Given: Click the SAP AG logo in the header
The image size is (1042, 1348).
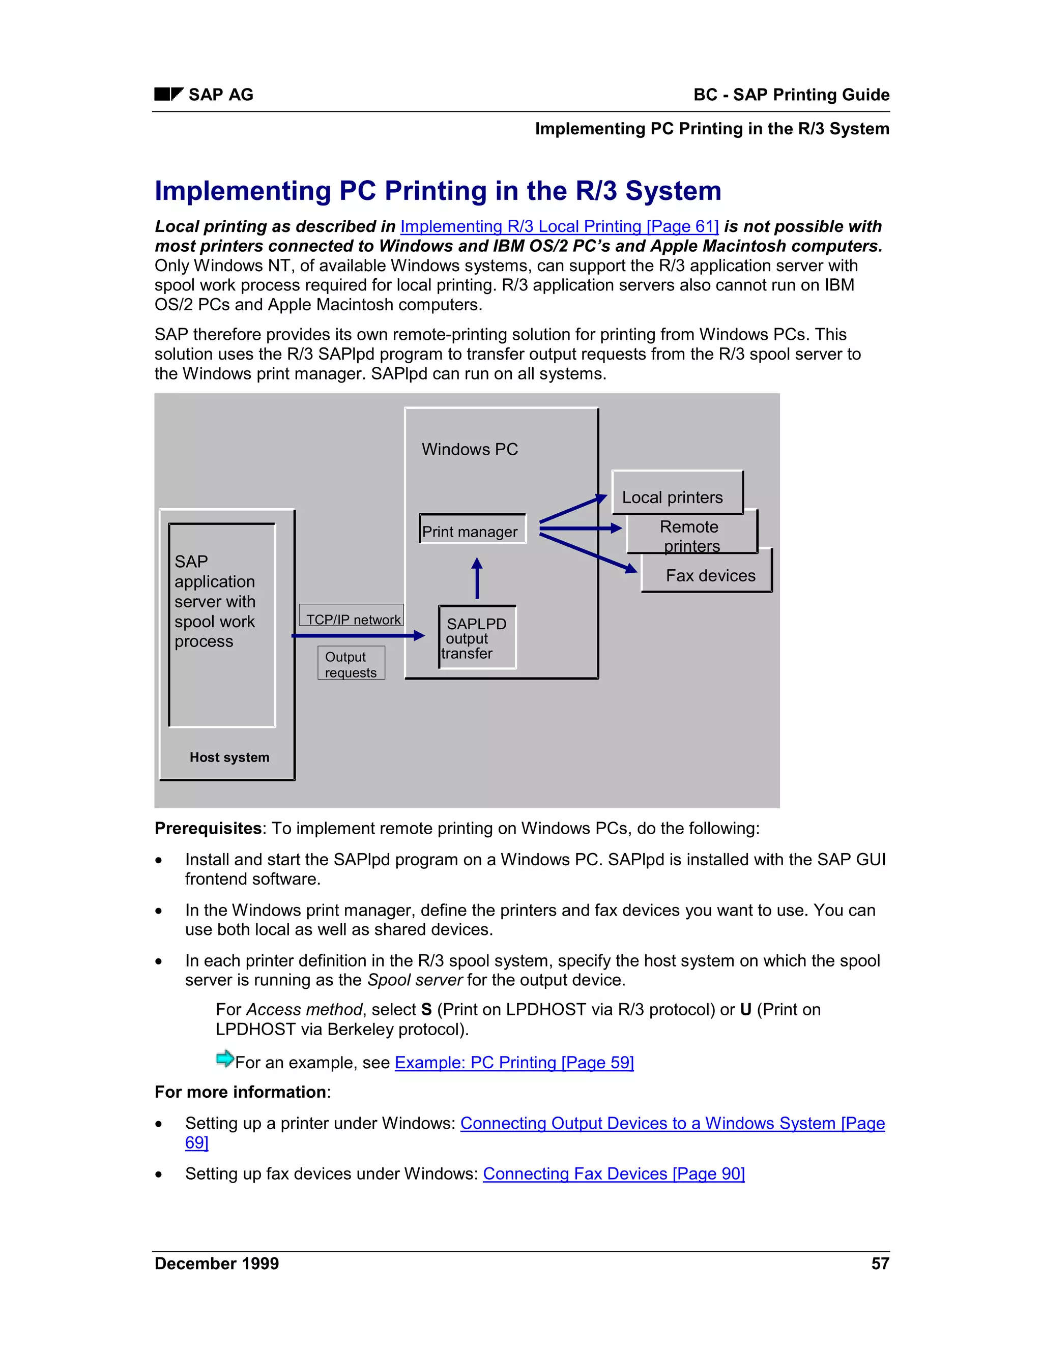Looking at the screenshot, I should click(168, 95).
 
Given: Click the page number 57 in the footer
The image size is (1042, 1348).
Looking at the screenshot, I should click(880, 1264).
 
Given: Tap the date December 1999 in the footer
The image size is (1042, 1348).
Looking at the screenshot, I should click(217, 1264).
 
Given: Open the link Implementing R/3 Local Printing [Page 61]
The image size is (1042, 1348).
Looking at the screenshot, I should click(559, 226).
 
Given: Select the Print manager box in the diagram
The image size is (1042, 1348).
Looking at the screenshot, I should click(472, 530).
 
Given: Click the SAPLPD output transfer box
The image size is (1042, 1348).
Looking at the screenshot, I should click(477, 637).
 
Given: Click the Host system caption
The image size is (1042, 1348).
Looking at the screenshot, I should click(229, 757).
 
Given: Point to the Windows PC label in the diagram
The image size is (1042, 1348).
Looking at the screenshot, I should click(470, 449).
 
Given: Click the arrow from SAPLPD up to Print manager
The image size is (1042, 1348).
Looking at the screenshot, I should click(477, 579).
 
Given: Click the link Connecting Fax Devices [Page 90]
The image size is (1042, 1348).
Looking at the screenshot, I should click(614, 1174).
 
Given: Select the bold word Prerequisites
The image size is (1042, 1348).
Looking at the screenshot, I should click(208, 828).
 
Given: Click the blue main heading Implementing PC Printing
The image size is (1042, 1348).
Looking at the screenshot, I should click(438, 191).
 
